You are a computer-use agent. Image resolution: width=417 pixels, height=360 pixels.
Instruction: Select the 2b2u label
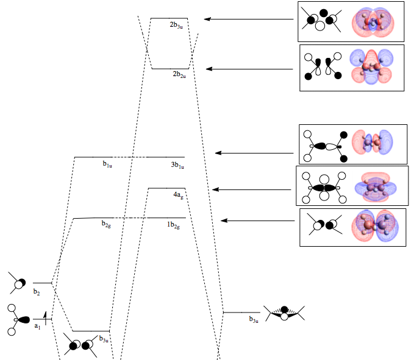point(179,74)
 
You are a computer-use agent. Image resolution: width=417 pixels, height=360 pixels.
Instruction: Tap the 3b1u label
point(178,164)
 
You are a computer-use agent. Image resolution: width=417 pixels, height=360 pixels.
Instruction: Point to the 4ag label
point(177,195)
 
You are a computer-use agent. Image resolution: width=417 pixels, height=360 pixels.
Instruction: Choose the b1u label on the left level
point(107,164)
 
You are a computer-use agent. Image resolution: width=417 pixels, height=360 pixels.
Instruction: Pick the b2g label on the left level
point(107,224)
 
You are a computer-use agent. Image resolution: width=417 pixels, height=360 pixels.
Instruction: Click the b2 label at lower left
point(37,292)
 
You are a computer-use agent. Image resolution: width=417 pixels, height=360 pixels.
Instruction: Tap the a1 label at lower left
point(37,326)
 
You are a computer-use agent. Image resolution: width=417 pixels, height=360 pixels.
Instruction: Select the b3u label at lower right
point(254,319)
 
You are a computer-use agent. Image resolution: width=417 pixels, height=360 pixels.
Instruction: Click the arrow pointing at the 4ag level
point(252,189)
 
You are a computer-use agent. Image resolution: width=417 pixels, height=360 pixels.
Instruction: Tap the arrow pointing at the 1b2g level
point(259,221)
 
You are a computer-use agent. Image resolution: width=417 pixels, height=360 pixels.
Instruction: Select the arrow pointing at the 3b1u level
point(254,153)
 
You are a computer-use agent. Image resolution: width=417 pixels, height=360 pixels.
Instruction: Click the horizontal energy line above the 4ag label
point(166,188)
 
